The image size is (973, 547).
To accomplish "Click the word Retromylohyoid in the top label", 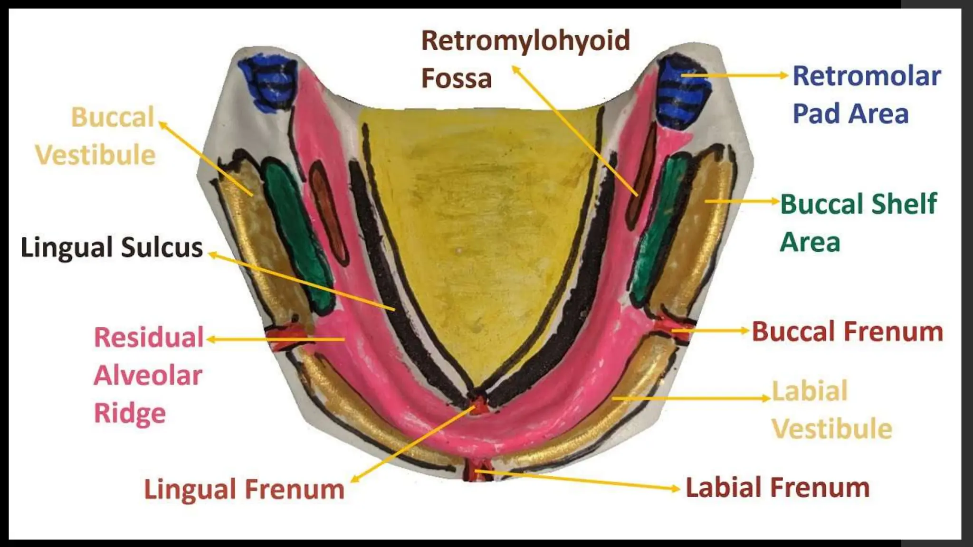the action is coord(525,41).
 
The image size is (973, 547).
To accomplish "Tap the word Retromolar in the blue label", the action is coord(867,76).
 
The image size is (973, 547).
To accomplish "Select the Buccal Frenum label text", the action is coord(847,331).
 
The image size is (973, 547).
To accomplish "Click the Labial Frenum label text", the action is coord(778,488).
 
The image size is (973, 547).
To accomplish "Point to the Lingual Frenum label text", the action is coord(244,489).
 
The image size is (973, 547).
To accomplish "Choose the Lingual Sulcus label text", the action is coord(112,247).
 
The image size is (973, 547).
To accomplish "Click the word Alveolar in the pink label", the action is coord(148,375).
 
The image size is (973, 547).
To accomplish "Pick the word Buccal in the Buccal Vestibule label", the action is coord(113,117).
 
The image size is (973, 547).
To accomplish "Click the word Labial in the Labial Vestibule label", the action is coord(810,391).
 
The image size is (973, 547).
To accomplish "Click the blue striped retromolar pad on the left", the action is coord(268,81).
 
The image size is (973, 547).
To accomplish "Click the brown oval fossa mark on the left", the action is coord(329,209).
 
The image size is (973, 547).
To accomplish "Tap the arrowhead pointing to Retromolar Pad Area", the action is coord(784,75).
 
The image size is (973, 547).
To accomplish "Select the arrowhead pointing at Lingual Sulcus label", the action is coord(212,255).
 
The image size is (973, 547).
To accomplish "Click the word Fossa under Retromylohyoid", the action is coord(456,78).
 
